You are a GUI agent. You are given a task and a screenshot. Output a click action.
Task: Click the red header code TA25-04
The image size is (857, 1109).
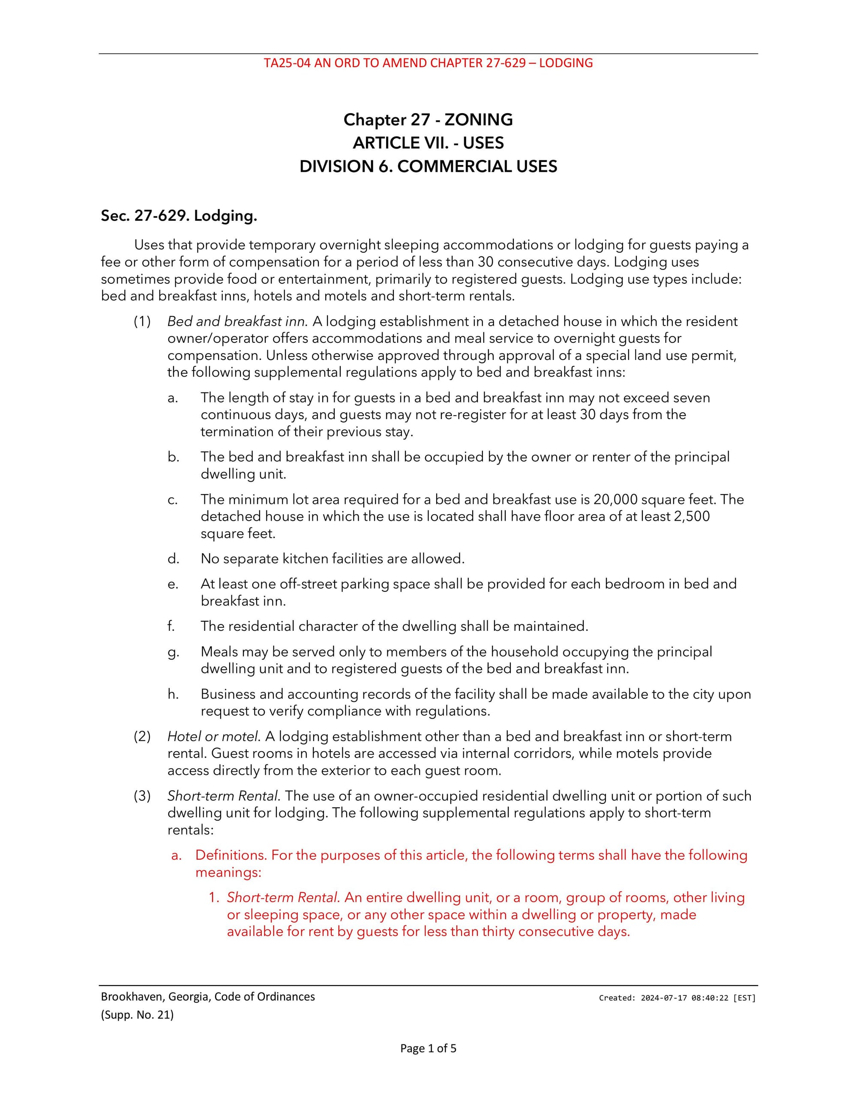[287, 63]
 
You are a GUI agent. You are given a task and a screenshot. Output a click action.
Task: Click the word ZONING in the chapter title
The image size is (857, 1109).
[478, 120]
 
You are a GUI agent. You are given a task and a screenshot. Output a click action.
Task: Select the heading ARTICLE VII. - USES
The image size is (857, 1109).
[428, 143]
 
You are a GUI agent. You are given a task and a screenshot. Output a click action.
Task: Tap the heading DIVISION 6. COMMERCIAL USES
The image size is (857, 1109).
[428, 167]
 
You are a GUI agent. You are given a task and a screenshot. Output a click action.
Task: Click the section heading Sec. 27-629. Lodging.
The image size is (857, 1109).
[179, 216]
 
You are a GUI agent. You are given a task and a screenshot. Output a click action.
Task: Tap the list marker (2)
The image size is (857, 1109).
[142, 736]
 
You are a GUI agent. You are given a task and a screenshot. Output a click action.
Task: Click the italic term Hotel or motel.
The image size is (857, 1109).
[214, 736]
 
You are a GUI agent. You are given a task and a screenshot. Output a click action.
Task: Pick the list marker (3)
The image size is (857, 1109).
[142, 796]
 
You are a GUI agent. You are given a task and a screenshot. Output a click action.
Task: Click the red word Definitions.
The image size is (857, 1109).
[231, 855]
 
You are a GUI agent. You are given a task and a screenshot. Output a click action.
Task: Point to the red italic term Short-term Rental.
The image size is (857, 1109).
[282, 897]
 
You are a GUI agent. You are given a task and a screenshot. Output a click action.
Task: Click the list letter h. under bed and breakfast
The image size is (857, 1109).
[173, 694]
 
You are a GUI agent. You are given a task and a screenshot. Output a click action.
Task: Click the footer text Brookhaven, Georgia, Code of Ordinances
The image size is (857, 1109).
[208, 997]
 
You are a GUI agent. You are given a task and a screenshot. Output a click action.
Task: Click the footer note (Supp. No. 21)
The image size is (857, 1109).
[137, 1015]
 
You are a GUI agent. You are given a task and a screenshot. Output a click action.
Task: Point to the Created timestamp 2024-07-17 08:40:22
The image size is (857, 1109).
[684, 998]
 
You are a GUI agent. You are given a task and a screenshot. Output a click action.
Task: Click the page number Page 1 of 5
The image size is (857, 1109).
[428, 1049]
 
